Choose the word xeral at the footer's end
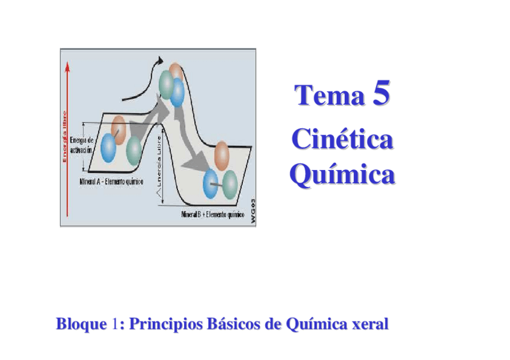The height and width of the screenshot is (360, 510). click(368, 325)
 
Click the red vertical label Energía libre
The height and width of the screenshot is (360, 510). click(65, 136)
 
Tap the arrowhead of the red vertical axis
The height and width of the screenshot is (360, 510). click(68, 65)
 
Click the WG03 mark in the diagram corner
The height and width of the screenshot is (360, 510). click(253, 210)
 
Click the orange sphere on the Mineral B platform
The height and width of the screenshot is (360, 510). click(222, 153)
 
